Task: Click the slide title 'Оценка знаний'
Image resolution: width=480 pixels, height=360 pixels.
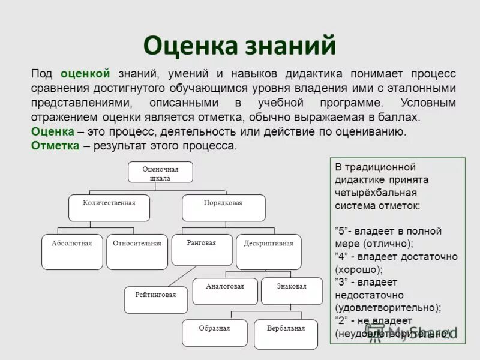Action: (239, 46)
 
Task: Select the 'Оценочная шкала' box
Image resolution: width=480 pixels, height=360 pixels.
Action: (160, 172)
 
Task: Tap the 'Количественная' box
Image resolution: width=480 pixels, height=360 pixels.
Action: (109, 208)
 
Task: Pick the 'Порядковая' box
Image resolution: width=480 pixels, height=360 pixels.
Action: (223, 208)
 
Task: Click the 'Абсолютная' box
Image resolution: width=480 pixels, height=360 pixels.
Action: (71, 252)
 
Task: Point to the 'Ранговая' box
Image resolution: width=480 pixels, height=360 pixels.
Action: (202, 250)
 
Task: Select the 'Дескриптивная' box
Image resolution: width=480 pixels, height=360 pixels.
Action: (268, 252)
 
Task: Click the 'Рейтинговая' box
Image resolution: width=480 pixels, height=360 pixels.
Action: (155, 300)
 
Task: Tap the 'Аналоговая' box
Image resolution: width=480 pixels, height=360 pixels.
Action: (224, 291)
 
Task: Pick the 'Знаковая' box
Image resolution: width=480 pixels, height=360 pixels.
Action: (292, 291)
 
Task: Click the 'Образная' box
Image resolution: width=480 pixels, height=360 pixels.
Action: (214, 333)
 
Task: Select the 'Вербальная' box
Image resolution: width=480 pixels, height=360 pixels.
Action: (286, 334)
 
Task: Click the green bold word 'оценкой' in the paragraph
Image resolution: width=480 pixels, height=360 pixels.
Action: (85, 74)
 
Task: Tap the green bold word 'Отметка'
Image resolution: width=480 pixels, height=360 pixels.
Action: (55, 146)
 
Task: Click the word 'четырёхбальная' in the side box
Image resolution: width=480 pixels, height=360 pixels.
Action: (376, 193)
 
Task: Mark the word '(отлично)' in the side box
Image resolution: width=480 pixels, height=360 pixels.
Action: (388, 244)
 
